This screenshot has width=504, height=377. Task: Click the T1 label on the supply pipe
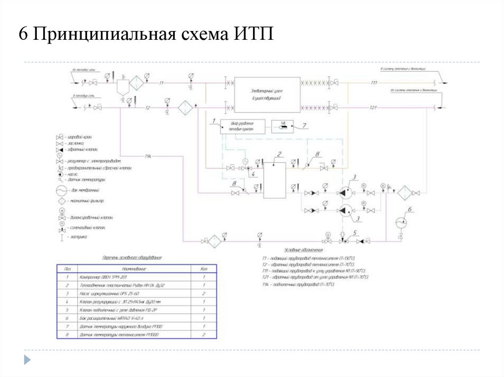[x=161, y=83]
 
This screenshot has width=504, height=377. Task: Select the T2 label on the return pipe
[x=148, y=108]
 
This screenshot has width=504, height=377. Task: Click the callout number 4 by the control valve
[x=252, y=174]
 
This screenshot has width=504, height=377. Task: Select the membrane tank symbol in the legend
[x=63, y=190]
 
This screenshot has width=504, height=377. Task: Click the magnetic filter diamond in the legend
[x=63, y=202]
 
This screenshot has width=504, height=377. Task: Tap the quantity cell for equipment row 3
[x=203, y=293]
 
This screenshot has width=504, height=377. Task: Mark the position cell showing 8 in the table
[x=67, y=335]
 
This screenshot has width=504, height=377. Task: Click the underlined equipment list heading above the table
[x=131, y=258]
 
